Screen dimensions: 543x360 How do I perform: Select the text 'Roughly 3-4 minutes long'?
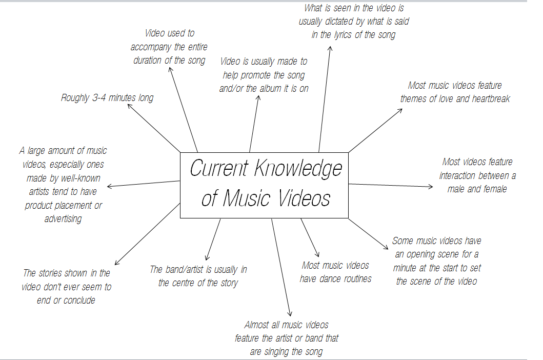click(107, 97)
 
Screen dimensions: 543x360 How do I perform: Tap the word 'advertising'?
click(63, 219)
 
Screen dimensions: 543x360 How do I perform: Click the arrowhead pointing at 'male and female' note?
click(432, 187)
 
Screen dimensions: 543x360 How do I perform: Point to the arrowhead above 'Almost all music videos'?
click(290, 314)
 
